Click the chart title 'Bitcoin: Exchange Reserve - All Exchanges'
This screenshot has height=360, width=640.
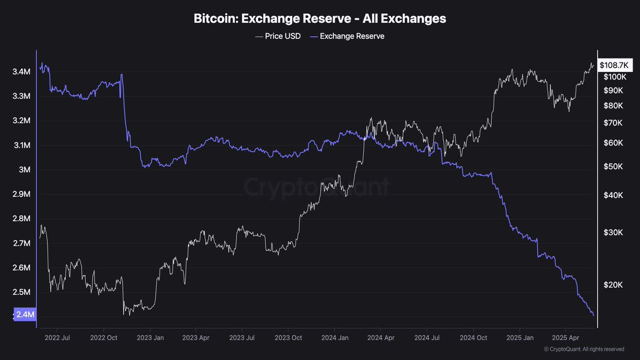tap(319, 19)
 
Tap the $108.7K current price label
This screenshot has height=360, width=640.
tap(614, 65)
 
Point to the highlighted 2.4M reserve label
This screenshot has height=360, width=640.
tap(25, 315)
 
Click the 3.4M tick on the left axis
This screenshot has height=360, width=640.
tap(21, 72)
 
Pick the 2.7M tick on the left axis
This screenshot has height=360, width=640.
tap(21, 244)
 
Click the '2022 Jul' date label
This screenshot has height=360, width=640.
tap(58, 338)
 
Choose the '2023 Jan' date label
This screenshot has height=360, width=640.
tap(150, 338)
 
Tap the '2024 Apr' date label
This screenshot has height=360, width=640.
tap(381, 338)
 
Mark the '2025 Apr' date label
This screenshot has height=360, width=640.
tap(565, 338)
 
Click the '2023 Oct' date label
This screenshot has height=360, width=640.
tap(289, 338)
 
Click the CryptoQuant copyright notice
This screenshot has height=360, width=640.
tap(584, 349)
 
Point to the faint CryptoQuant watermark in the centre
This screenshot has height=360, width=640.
tap(317, 187)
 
